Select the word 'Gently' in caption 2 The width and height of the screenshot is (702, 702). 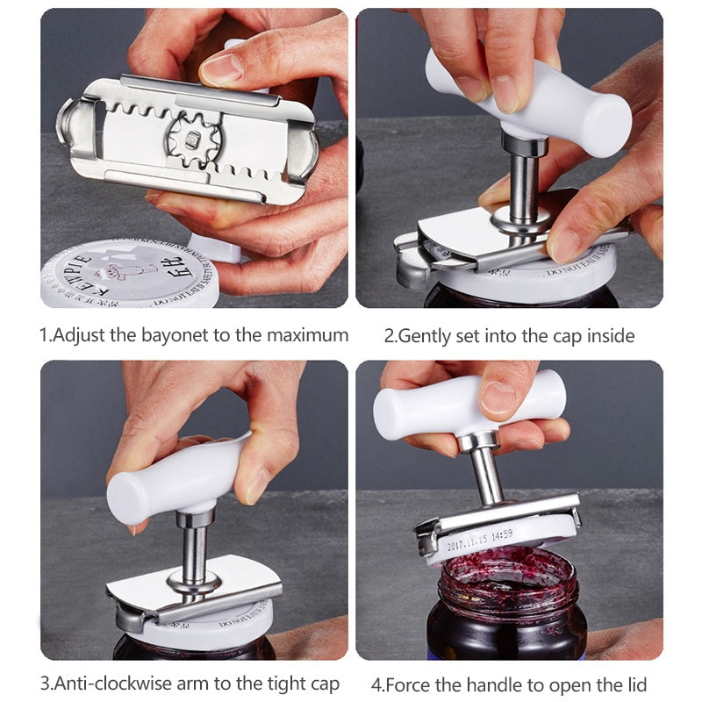pyautogui.click(x=426, y=335)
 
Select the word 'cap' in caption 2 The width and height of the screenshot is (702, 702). pyautogui.click(x=558, y=335)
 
